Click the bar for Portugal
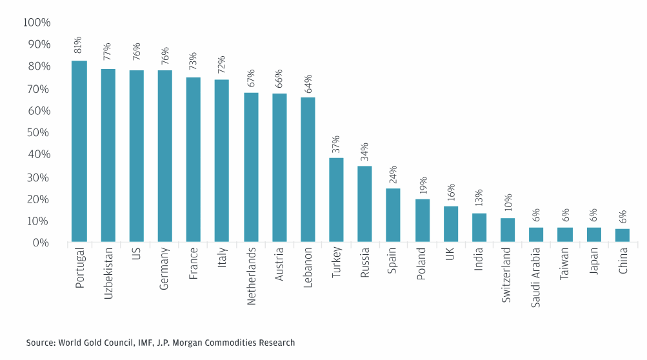pyautogui.click(x=79, y=152)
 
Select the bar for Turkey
pyautogui.click(x=336, y=200)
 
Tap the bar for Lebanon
pyautogui.click(x=308, y=170)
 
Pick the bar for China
pyautogui.click(x=622, y=235)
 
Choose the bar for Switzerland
pyautogui.click(x=508, y=230)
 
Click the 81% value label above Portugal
pyautogui.click(x=79, y=45)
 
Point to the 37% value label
pyautogui.click(x=336, y=143)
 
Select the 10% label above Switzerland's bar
pyautogui.click(x=508, y=203)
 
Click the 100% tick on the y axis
pyautogui.click(x=36, y=23)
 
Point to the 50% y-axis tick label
pyautogui.click(x=39, y=133)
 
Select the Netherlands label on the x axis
pyautogui.click(x=250, y=275)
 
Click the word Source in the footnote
pyautogui.click(x=41, y=343)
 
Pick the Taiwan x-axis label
pyautogui.click(x=564, y=264)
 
